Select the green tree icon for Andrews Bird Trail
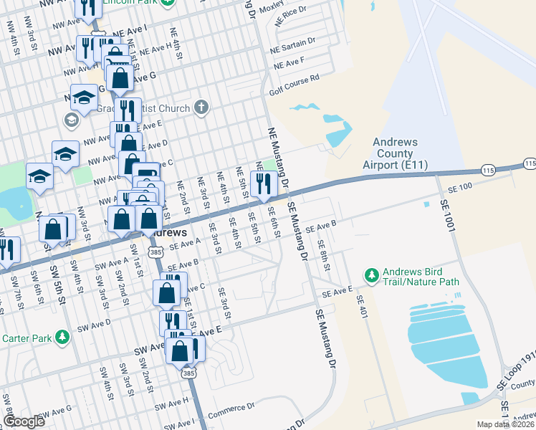point(371,274)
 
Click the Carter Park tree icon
point(63,336)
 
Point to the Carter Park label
point(29,338)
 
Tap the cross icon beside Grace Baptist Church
point(201,108)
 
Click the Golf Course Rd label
point(293,87)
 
